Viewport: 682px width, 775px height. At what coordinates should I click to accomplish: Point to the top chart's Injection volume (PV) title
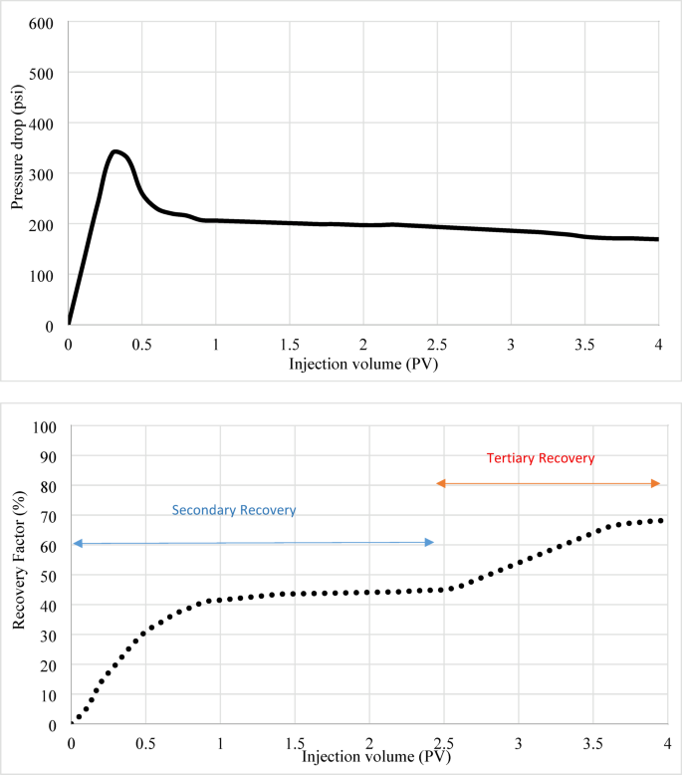[x=362, y=364]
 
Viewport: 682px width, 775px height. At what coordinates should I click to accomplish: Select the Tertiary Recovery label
[x=540, y=458]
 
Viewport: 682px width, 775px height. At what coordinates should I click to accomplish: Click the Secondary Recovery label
[x=234, y=510]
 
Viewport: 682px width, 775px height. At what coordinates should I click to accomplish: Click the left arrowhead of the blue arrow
[x=77, y=543]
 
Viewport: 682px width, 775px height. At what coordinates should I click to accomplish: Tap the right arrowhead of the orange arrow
[x=656, y=483]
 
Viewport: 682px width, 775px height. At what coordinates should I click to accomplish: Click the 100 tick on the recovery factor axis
[x=47, y=426]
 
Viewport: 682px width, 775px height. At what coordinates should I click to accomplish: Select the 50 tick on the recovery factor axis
[x=50, y=576]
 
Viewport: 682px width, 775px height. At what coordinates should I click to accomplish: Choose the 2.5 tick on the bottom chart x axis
[x=444, y=744]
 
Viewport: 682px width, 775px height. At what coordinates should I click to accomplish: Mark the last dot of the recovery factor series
[x=661, y=521]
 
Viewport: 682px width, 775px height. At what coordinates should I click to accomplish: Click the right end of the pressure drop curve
[x=657, y=239]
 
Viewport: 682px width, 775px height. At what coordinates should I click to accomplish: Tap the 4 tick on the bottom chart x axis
[x=667, y=744]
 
